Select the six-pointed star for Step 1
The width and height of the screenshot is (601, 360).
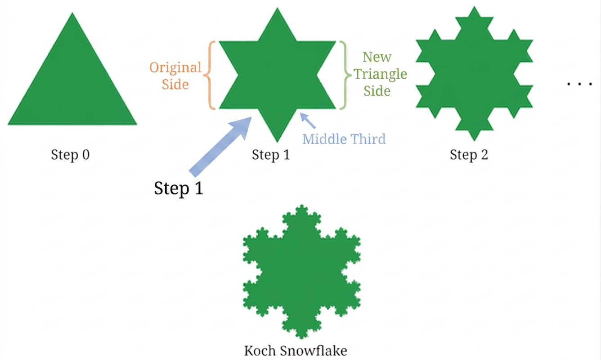pyautogui.click(x=278, y=75)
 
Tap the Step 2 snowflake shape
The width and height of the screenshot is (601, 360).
pyautogui.click(x=474, y=74)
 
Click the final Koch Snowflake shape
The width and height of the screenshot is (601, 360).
pyautogui.click(x=301, y=272)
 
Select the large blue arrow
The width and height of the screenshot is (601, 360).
pyautogui.click(x=220, y=147)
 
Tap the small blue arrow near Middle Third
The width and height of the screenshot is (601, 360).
pyautogui.click(x=308, y=121)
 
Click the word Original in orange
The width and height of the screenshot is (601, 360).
pyautogui.click(x=175, y=68)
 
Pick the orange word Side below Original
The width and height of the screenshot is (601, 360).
pyautogui.click(x=175, y=85)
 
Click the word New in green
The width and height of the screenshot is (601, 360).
pyautogui.click(x=377, y=57)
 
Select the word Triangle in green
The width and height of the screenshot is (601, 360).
pyautogui.click(x=380, y=74)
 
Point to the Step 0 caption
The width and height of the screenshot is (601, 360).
pyautogui.click(x=70, y=155)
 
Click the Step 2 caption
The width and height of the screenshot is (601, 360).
pyautogui.click(x=469, y=155)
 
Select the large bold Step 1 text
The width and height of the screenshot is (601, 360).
pyautogui.click(x=179, y=189)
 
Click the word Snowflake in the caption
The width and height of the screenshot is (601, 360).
pyautogui.click(x=314, y=351)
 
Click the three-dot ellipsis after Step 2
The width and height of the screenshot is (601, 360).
pyautogui.click(x=579, y=84)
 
